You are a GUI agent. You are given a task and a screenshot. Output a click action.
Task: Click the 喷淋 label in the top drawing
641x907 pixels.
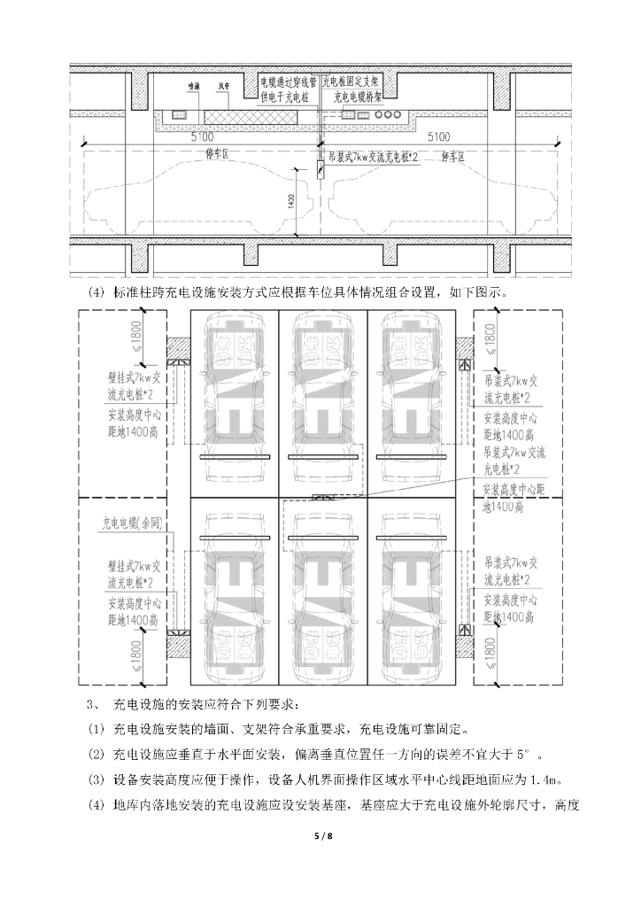click(x=192, y=88)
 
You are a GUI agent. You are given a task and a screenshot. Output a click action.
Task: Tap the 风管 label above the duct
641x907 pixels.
click(x=225, y=88)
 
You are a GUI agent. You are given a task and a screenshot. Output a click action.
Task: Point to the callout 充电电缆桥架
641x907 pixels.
click(x=361, y=98)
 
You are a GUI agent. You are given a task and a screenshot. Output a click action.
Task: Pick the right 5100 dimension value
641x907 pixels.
click(x=438, y=137)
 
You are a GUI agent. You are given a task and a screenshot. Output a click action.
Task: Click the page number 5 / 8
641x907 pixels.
click(x=320, y=836)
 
